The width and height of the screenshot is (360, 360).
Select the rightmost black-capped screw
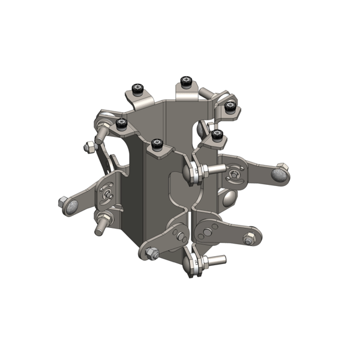pyautogui.click(x=229, y=106)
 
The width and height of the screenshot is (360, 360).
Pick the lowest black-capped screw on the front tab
pyautogui.click(x=158, y=144)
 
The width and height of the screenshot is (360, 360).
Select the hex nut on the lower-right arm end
pyautogui.click(x=248, y=240)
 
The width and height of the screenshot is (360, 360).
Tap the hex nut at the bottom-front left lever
pyautogui.click(x=151, y=254)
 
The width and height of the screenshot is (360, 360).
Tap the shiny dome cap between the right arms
pyautogui.click(x=229, y=198)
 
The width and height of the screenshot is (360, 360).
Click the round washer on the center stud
pyautogui.click(x=193, y=173)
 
